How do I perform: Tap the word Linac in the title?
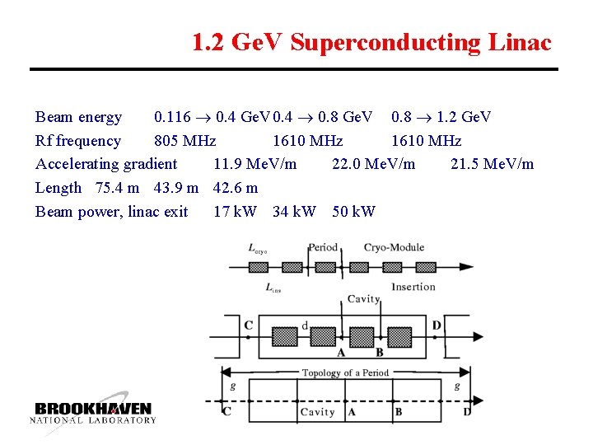coord(525,42)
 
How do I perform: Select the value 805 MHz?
coord(185,141)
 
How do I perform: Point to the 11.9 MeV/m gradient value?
coord(254,164)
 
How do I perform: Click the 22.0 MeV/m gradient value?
coord(373,164)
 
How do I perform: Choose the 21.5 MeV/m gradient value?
coord(492,164)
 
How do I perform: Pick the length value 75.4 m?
coord(118,188)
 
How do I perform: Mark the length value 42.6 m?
coord(236,188)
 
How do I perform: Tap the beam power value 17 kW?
coord(235,212)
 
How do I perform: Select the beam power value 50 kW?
coord(353,212)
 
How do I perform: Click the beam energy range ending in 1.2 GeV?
coord(441,117)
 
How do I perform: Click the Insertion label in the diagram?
coord(413,286)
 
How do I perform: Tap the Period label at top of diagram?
coord(323,247)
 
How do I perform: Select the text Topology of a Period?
coord(344,372)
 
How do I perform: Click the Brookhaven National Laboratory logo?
coord(93,412)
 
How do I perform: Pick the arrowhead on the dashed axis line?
coord(478,403)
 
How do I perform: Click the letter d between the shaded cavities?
coord(305,326)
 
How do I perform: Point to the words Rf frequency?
coord(78,141)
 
